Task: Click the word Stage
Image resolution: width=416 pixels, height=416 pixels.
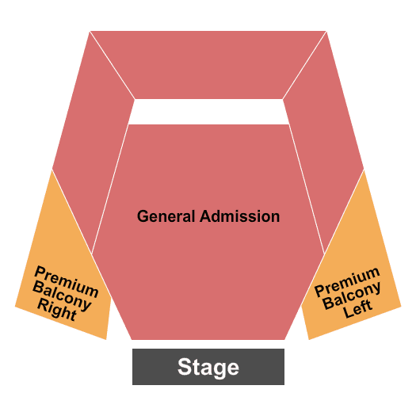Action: click(x=208, y=368)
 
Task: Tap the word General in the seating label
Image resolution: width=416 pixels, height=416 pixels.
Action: click(x=166, y=216)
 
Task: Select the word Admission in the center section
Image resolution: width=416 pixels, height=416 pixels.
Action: click(x=240, y=216)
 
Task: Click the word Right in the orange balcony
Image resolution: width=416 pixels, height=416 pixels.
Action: click(x=57, y=310)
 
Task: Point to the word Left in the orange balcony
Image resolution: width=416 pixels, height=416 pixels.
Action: click(x=357, y=308)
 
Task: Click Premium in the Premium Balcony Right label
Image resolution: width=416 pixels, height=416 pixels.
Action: click(x=67, y=281)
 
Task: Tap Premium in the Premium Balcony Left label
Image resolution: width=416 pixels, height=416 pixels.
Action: click(x=347, y=282)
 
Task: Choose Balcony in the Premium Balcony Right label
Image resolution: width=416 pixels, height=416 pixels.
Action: click(x=62, y=296)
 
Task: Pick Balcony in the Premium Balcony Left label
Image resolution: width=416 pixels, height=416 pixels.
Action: click(x=353, y=296)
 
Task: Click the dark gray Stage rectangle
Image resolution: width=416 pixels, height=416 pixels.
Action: click(x=208, y=367)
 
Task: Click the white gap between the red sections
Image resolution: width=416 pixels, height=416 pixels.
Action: click(x=208, y=112)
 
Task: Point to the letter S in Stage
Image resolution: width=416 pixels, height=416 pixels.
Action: click(x=185, y=367)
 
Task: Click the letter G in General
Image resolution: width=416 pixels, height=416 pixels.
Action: click(x=143, y=216)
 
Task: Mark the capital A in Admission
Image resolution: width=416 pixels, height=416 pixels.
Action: click(x=206, y=216)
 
